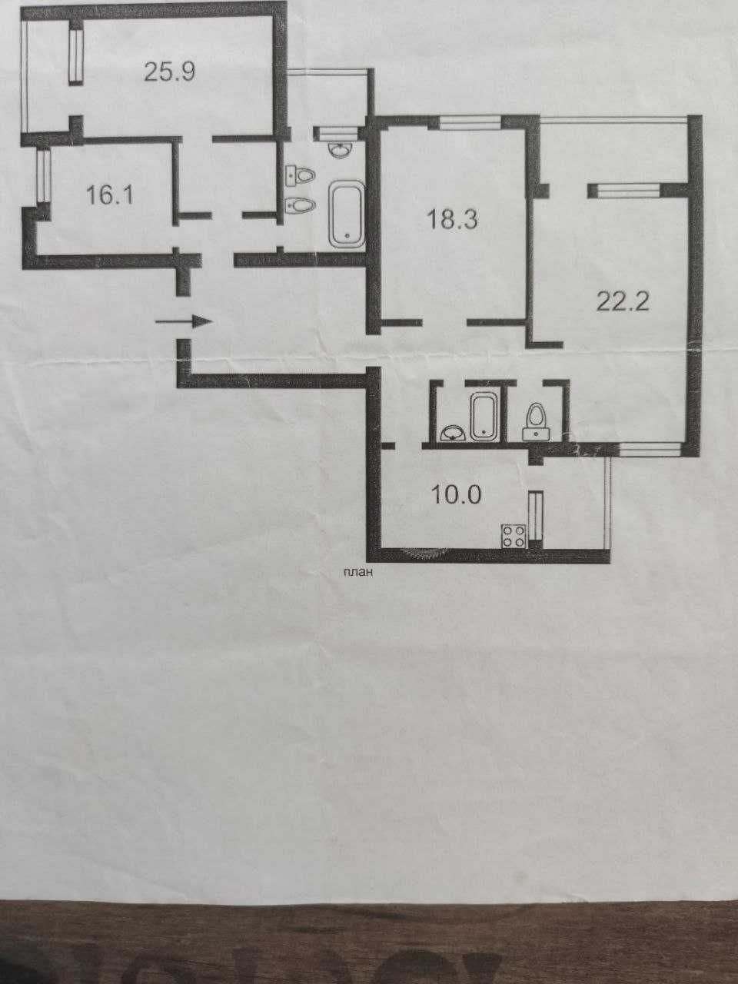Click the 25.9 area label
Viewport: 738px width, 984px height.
(x=170, y=71)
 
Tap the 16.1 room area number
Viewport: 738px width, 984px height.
(x=109, y=196)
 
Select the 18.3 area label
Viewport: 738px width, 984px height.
(x=453, y=220)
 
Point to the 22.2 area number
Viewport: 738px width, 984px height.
(x=623, y=303)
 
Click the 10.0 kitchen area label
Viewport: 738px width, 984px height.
(x=456, y=494)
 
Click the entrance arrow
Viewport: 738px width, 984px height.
(x=184, y=321)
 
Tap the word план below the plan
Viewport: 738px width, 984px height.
(x=357, y=572)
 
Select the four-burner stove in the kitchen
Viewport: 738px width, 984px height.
(x=514, y=536)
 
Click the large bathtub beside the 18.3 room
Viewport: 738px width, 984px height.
(x=347, y=214)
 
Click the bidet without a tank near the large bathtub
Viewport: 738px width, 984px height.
(x=301, y=206)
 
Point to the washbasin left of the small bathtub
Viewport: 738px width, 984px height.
(x=454, y=434)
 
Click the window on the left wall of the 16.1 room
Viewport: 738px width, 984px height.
(x=44, y=176)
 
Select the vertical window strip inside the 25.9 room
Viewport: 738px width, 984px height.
(x=76, y=56)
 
